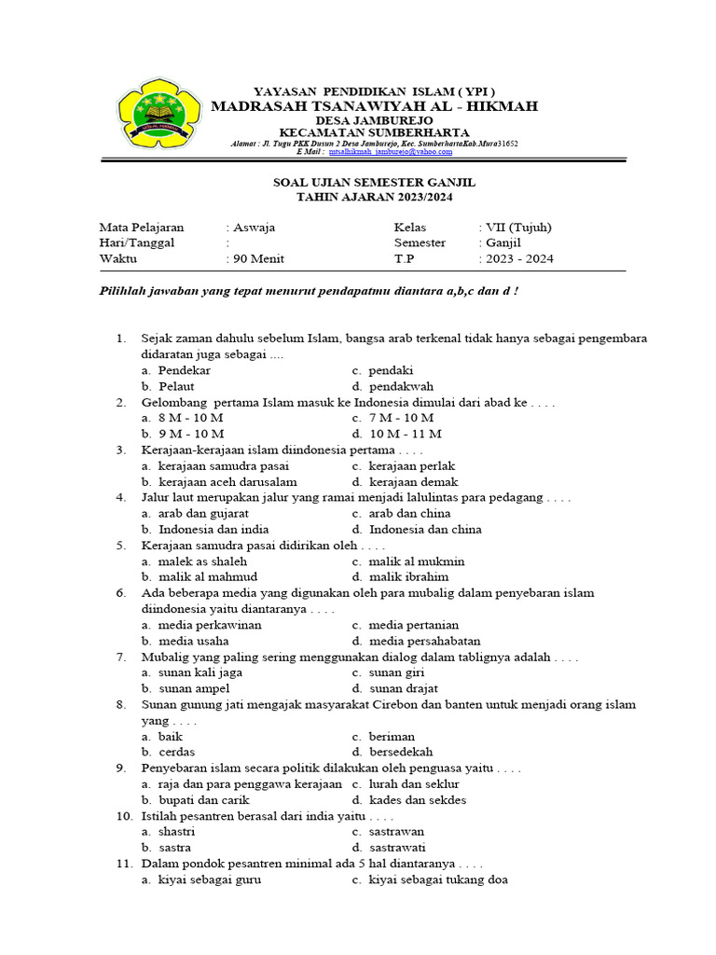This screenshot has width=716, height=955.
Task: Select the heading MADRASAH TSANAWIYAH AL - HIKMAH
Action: click(x=374, y=107)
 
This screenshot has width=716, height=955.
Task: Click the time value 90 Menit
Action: click(x=258, y=259)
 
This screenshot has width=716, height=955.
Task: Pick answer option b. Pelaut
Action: click(x=168, y=386)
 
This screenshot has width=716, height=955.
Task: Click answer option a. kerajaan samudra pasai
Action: click(x=215, y=466)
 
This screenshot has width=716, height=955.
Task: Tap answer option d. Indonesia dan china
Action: click(x=417, y=530)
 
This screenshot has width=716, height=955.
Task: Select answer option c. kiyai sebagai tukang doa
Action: click(x=430, y=879)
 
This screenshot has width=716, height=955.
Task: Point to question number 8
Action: click(x=121, y=705)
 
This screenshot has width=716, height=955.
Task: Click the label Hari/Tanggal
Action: click(x=137, y=243)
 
